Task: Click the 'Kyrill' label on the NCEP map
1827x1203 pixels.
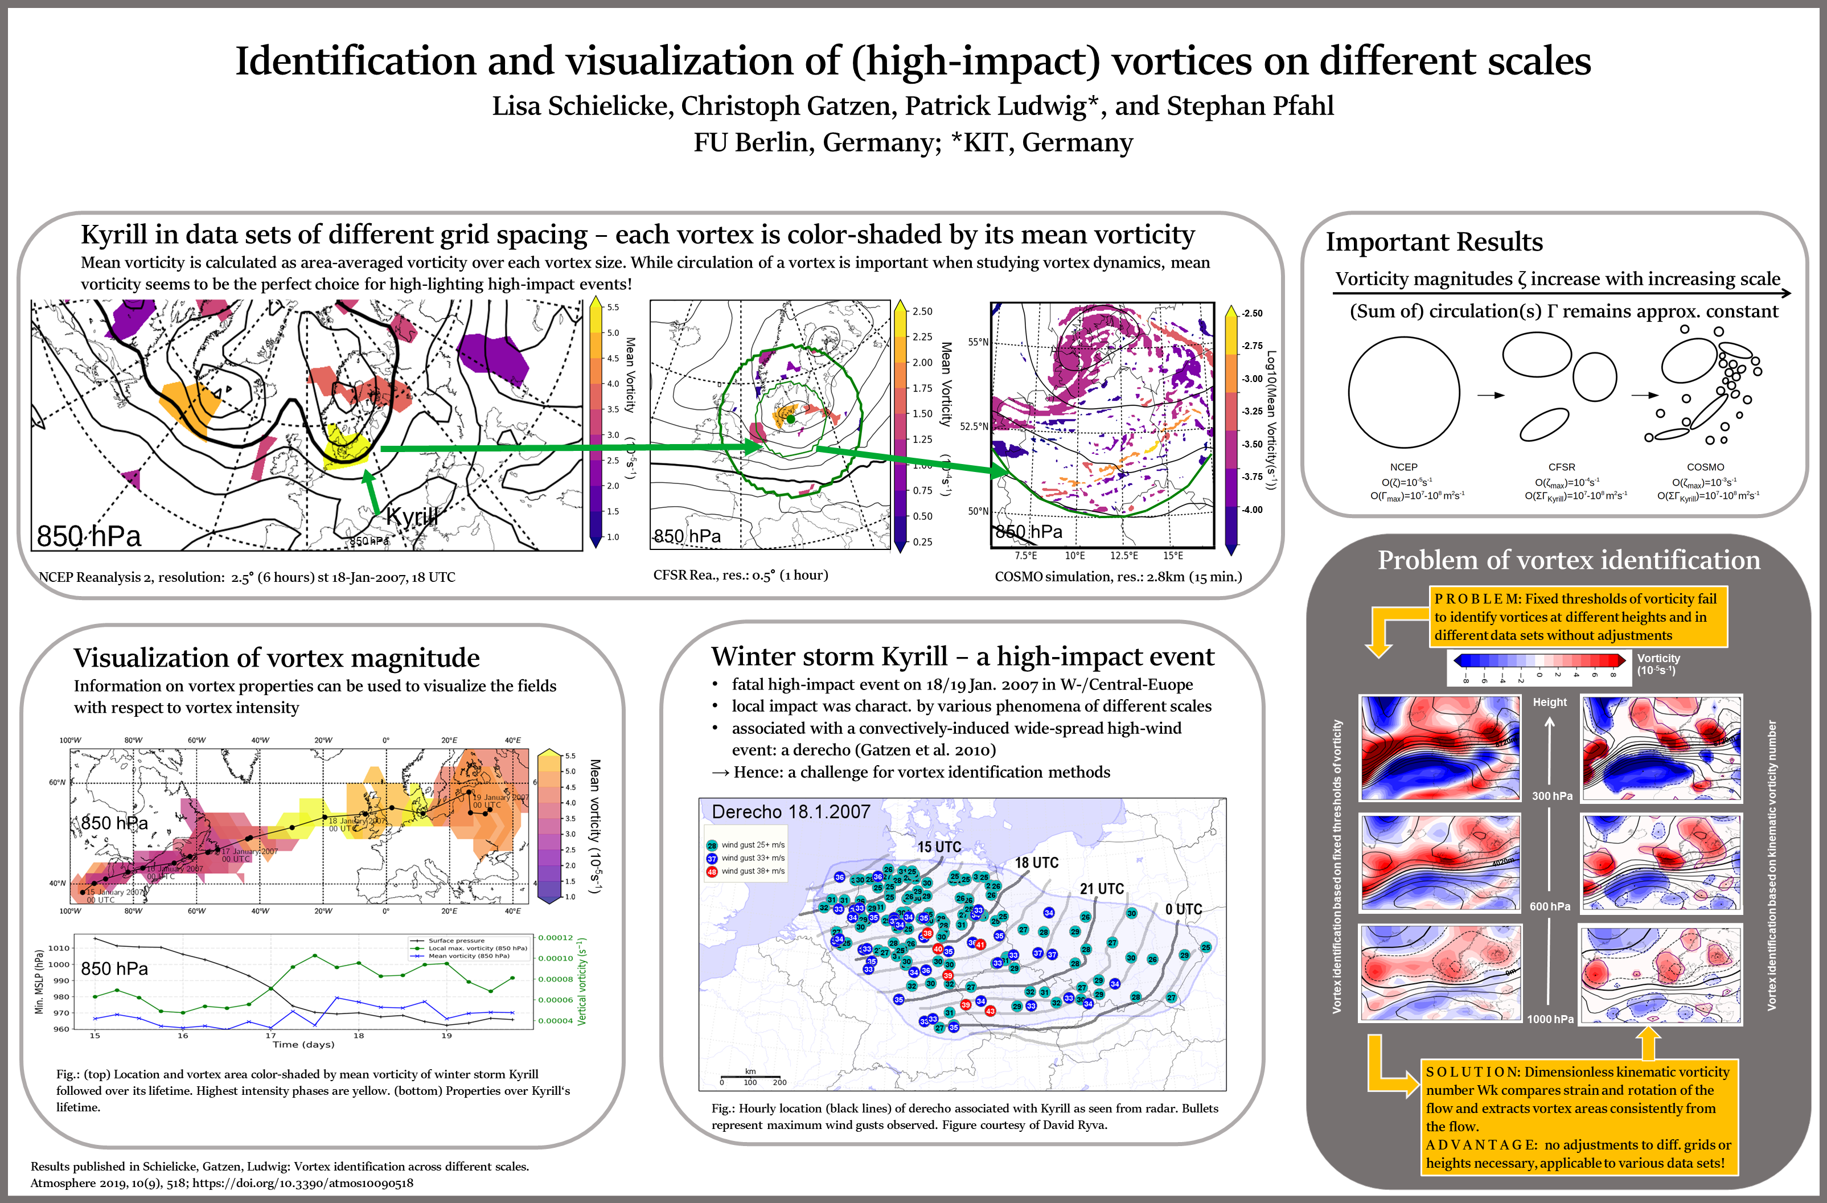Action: click(412, 516)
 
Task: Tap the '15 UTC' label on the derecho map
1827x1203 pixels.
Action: click(939, 847)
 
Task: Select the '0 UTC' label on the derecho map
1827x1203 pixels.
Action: click(1183, 909)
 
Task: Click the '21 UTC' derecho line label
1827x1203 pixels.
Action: click(1102, 888)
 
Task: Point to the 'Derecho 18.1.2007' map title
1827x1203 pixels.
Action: click(791, 811)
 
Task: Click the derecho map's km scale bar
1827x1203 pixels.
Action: click(750, 1077)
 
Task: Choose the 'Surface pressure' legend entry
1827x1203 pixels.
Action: click(456, 941)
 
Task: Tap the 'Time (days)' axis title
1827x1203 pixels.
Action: click(303, 1044)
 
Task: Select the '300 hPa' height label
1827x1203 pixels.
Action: click(1551, 795)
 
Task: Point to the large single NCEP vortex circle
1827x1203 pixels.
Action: click(1403, 392)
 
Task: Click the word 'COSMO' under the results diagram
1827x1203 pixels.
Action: click(1705, 467)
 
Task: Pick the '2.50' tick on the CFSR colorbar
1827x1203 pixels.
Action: click(922, 311)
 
